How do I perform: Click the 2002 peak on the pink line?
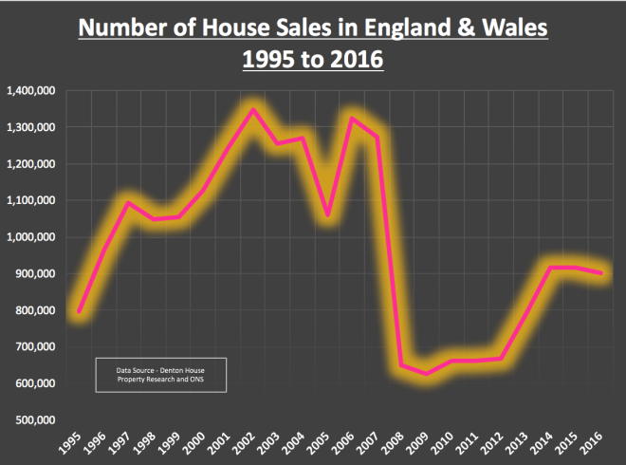click(252, 110)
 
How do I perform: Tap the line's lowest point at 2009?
click(426, 373)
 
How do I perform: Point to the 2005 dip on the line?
click(327, 214)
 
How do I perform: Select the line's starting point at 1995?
click(80, 311)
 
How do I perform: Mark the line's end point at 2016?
click(599, 273)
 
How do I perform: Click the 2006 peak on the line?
click(352, 119)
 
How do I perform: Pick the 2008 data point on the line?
click(401, 364)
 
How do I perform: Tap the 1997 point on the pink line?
click(129, 202)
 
